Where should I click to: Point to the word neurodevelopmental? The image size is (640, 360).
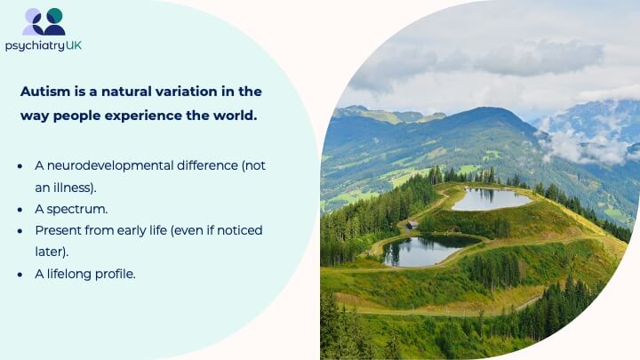pos(110,165)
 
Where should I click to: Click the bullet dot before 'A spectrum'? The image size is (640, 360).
pos(20,210)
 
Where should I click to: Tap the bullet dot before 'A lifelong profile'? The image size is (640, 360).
pos(20,275)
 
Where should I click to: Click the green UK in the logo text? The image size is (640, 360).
pos(74,45)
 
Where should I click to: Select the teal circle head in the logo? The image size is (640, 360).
pos(54,15)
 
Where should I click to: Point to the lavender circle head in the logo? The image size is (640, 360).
pos(33,16)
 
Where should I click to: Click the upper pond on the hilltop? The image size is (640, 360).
pos(491,199)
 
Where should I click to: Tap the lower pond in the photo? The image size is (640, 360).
pos(428,250)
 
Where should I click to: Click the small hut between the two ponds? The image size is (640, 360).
pos(412,224)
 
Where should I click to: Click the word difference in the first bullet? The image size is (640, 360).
pos(207,165)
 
